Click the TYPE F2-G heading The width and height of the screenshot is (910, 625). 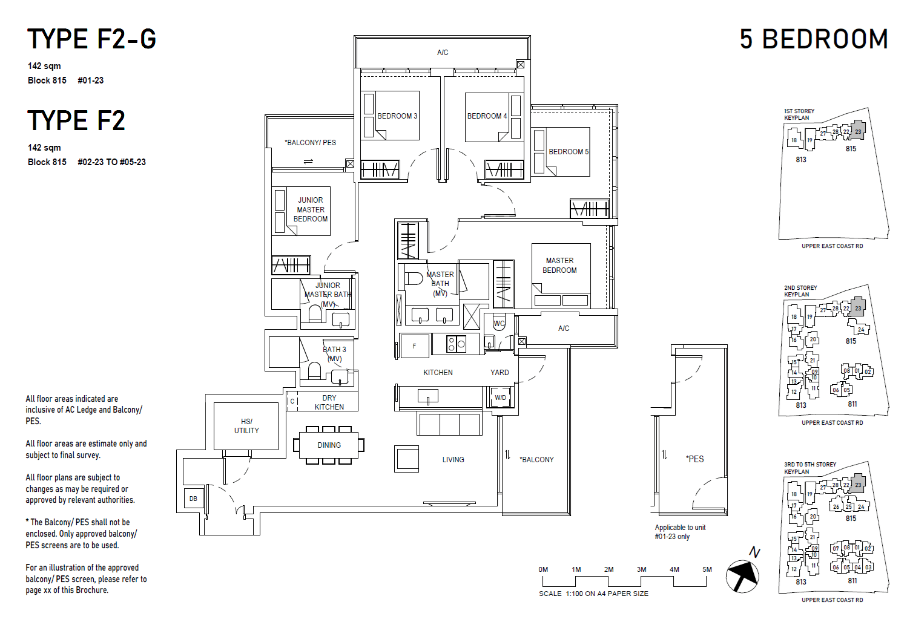click(x=91, y=39)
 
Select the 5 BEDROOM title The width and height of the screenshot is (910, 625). click(x=813, y=39)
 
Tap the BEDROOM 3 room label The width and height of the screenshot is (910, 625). click(x=397, y=116)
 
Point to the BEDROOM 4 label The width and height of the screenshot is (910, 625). click(x=487, y=116)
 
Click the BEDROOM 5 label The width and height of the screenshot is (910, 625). click(x=568, y=152)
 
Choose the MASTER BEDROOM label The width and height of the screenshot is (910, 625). click(x=559, y=266)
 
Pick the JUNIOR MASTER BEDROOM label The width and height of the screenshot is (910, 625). click(x=311, y=209)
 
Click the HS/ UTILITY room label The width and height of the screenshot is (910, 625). click(x=246, y=426)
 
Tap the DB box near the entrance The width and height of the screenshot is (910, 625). click(x=193, y=499)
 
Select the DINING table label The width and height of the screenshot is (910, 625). click(x=329, y=445)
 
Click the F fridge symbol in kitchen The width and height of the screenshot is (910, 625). click(x=415, y=346)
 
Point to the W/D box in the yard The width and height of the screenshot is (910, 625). click(x=500, y=398)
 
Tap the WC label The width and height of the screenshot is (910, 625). click(x=499, y=324)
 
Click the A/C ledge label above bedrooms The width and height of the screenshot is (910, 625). click(x=443, y=53)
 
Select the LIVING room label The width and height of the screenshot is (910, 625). click(x=453, y=460)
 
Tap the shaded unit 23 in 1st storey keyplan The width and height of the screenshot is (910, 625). click(x=858, y=130)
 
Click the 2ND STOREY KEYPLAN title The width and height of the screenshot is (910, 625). click(x=800, y=291)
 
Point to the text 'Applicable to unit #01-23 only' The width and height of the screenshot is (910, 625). click(x=680, y=532)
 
